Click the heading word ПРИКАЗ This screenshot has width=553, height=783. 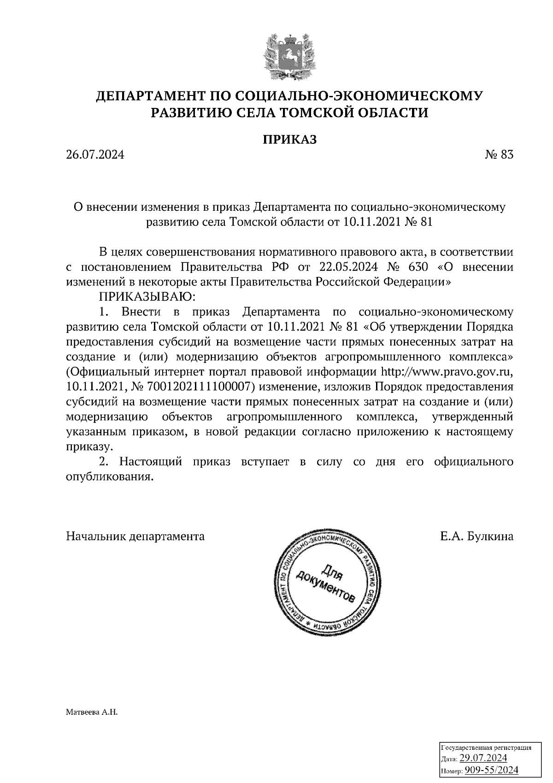[290, 139]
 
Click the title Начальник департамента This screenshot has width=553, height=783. [135, 536]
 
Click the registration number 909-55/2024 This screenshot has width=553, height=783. [491, 770]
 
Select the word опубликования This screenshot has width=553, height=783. [109, 477]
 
